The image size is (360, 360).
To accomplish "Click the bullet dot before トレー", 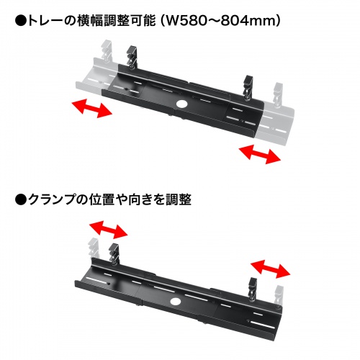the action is pyautogui.click(x=21, y=21).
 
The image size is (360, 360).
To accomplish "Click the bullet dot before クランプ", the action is pyautogui.click(x=21, y=200).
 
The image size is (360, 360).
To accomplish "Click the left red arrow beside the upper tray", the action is pyautogui.click(x=92, y=108).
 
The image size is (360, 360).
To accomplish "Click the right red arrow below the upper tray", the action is pyautogui.click(x=260, y=154).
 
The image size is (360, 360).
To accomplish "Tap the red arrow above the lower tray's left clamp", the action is pyautogui.click(x=109, y=230).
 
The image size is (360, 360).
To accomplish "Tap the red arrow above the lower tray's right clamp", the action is pyautogui.click(x=271, y=269).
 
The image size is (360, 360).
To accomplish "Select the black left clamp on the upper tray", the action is pyautogui.click(x=132, y=57).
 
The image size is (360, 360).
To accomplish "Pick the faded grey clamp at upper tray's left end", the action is pyautogui.click(x=106, y=52).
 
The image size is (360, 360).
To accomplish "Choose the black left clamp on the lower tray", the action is pyautogui.click(x=114, y=254).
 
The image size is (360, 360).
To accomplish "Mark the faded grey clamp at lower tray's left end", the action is pyautogui.click(x=95, y=248).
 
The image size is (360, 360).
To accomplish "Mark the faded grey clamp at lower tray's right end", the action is pyautogui.click(x=279, y=297).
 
